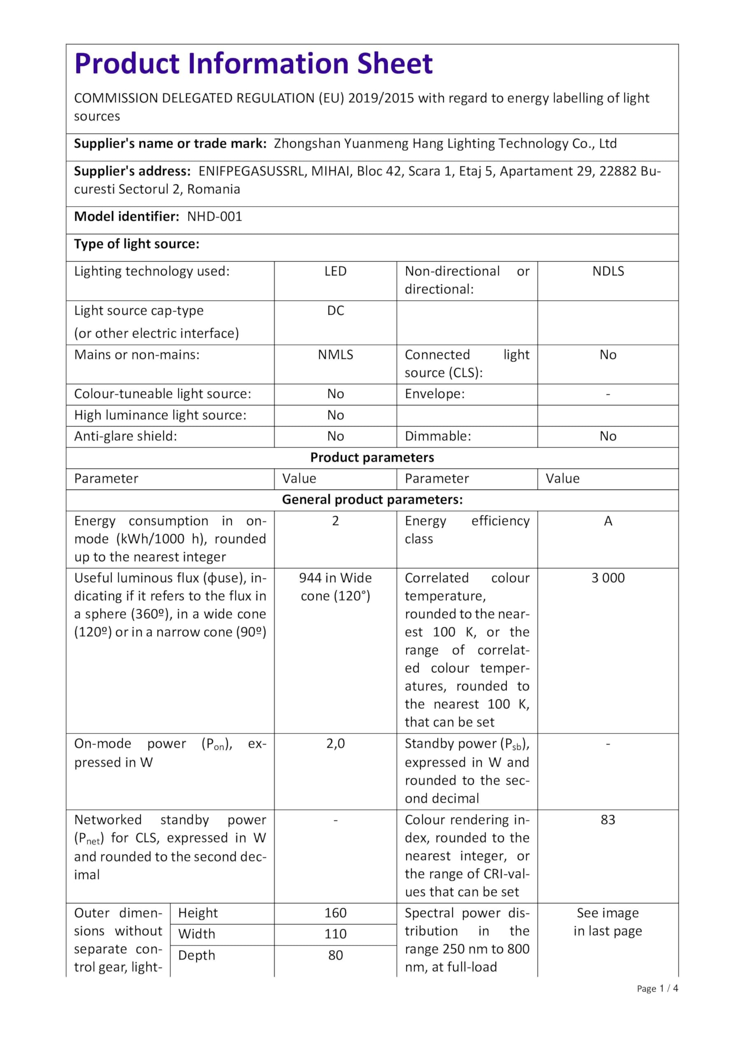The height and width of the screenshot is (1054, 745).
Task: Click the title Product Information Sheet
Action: [254, 63]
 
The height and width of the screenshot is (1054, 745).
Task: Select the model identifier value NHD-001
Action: [214, 217]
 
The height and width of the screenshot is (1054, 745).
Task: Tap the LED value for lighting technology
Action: [335, 271]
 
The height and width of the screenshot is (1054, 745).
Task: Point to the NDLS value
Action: [608, 271]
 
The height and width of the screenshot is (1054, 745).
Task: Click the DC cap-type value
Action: [335, 311]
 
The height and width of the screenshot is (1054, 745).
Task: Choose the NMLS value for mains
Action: [335, 355]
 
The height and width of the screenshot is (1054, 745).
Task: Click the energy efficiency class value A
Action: [608, 521]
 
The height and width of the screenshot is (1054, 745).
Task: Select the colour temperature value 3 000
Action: [608, 578]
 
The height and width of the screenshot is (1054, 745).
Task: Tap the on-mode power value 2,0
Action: [335, 744]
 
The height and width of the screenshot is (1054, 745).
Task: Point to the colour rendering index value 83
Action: [608, 820]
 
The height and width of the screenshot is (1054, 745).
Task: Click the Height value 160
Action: [335, 913]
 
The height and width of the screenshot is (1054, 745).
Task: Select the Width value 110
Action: [335, 934]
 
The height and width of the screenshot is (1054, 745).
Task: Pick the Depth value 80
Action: [335, 955]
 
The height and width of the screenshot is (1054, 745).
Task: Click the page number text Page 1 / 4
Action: [657, 989]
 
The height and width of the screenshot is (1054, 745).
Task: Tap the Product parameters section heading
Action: [372, 458]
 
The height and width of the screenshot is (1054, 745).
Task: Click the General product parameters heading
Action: [372, 500]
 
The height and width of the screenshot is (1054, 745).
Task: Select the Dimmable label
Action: [438, 436]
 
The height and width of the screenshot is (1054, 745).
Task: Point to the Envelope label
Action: [434, 394]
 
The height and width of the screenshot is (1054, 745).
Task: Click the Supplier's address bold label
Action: [132, 171]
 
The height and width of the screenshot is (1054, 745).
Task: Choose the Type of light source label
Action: [137, 244]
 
